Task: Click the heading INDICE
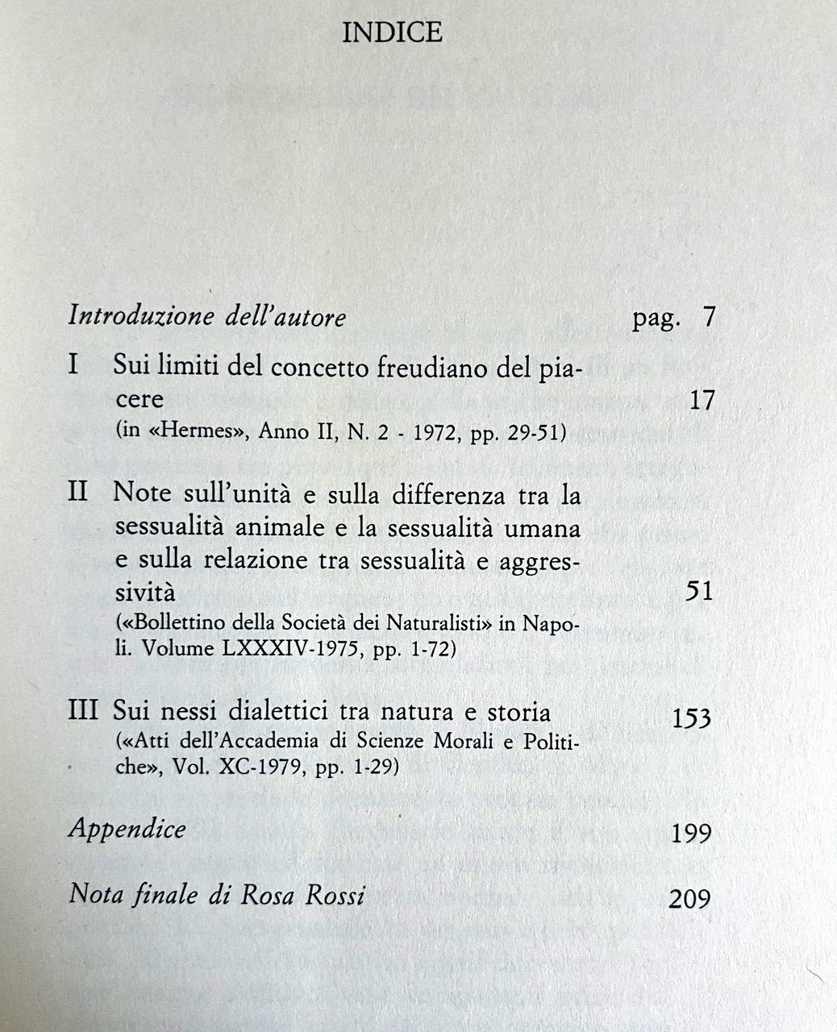(x=392, y=32)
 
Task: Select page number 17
(x=702, y=399)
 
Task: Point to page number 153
(x=691, y=717)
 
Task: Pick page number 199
(x=691, y=832)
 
